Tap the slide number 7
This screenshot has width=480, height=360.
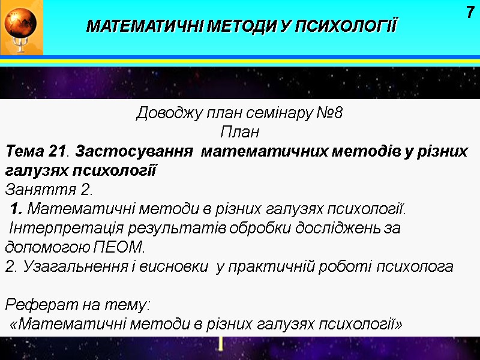point(470,12)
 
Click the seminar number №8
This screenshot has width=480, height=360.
point(329,113)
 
